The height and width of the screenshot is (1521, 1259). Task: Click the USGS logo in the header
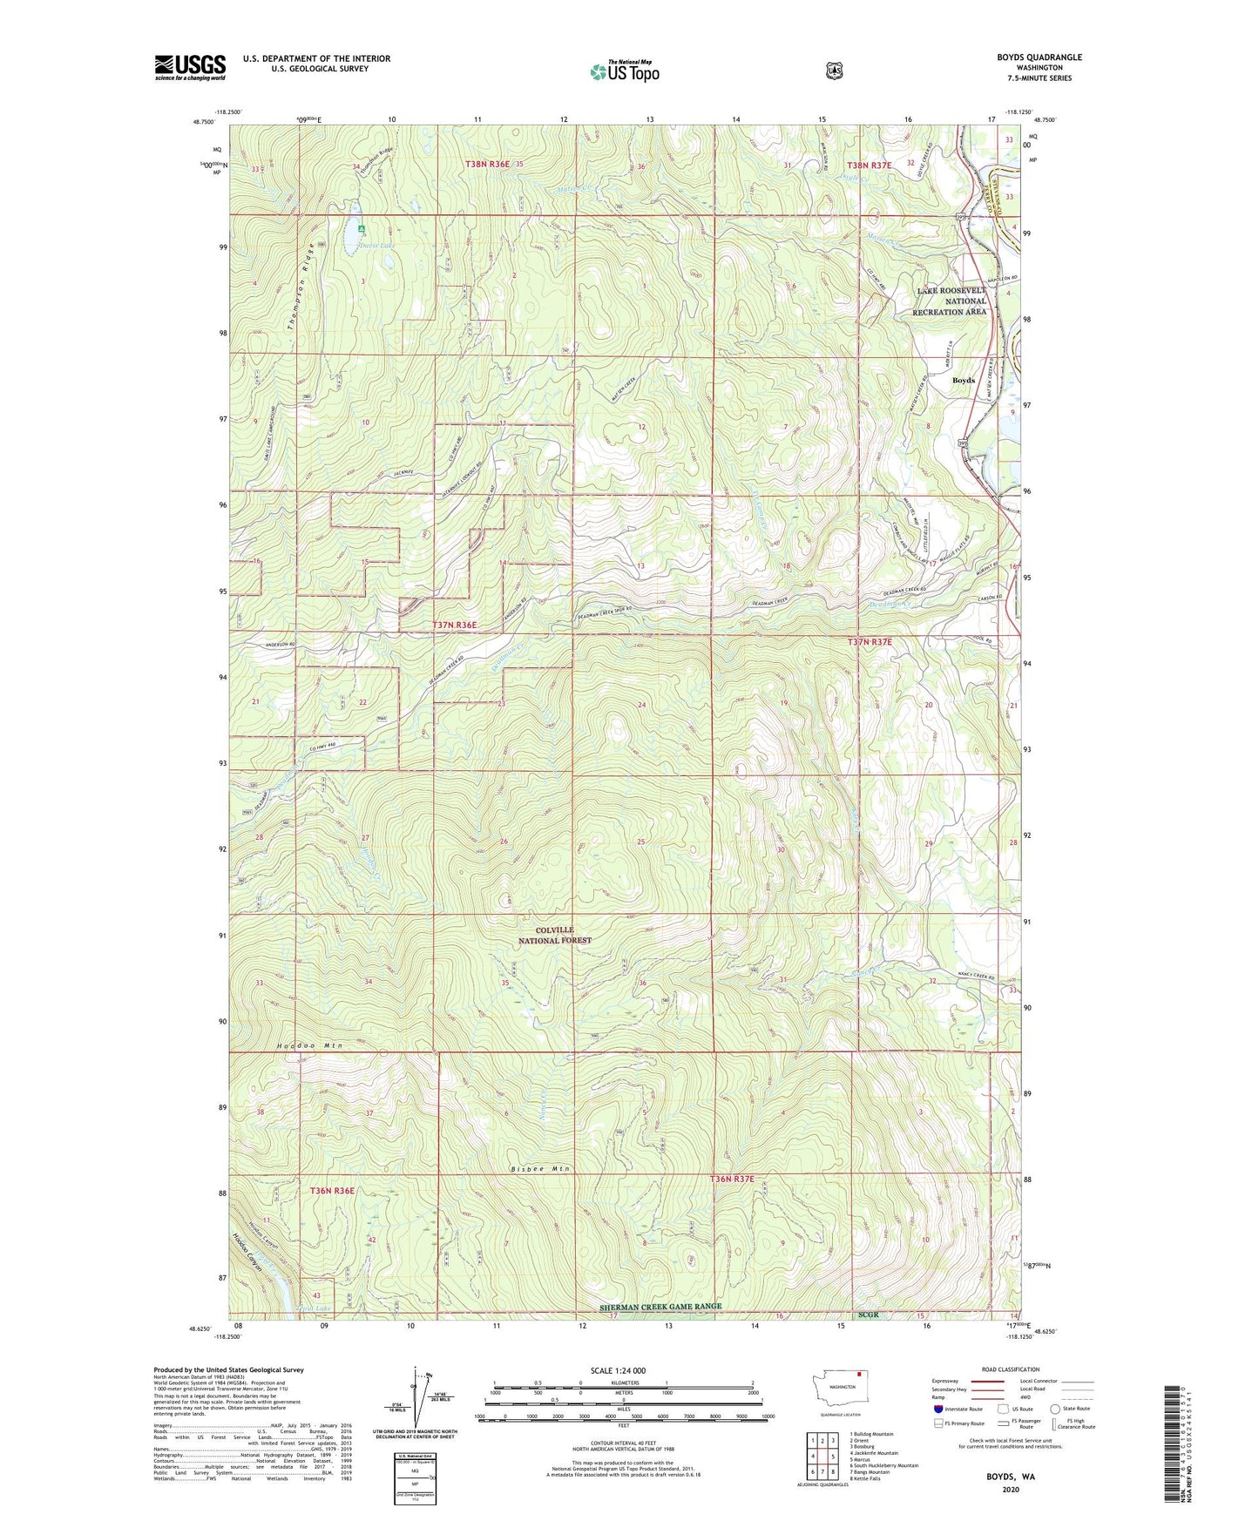pyautogui.click(x=190, y=67)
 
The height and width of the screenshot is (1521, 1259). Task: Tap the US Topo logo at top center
pyautogui.click(x=624, y=72)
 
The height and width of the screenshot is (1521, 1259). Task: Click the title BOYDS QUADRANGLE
pyautogui.click(x=1039, y=57)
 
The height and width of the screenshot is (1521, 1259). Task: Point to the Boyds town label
pyautogui.click(x=964, y=381)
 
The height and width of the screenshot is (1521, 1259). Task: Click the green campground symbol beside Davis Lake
pyautogui.click(x=362, y=230)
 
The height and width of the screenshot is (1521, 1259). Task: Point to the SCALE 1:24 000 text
pyautogui.click(x=618, y=1370)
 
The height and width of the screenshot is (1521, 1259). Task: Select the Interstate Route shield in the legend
pyautogui.click(x=937, y=1409)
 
